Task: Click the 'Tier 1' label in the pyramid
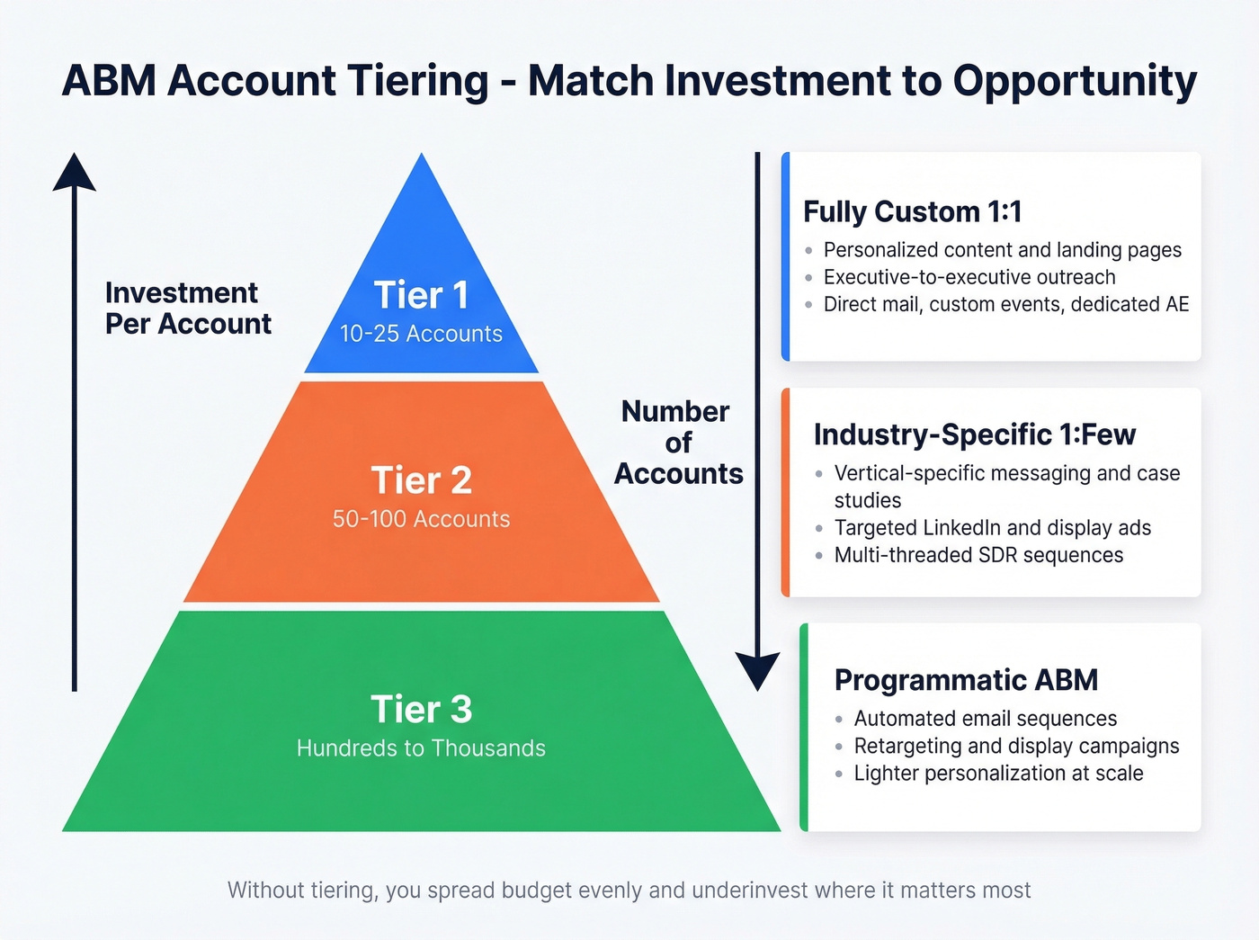pyautogui.click(x=421, y=295)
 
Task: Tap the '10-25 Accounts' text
pyautogui.click(x=421, y=334)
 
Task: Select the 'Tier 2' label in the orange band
pyautogui.click(x=421, y=480)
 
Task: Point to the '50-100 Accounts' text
pyautogui.click(x=421, y=519)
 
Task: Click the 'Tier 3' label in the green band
pyautogui.click(x=421, y=710)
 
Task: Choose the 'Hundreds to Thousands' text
pyautogui.click(x=421, y=748)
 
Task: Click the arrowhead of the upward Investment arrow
pyautogui.click(x=75, y=173)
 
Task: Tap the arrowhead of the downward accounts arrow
pyautogui.click(x=757, y=670)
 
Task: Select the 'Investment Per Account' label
pyautogui.click(x=188, y=309)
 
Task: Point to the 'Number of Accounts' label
pyautogui.click(x=678, y=443)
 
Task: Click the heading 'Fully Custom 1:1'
pyautogui.click(x=912, y=212)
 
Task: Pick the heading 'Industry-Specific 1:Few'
pyautogui.click(x=974, y=435)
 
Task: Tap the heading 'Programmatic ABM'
pyautogui.click(x=966, y=680)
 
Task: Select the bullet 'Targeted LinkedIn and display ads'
pyautogui.click(x=992, y=528)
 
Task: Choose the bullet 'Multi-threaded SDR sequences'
pyautogui.click(x=978, y=555)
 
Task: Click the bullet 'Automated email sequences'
pyautogui.click(x=985, y=719)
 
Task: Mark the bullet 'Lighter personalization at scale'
pyautogui.click(x=998, y=774)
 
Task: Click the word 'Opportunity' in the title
pyautogui.click(x=1075, y=82)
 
